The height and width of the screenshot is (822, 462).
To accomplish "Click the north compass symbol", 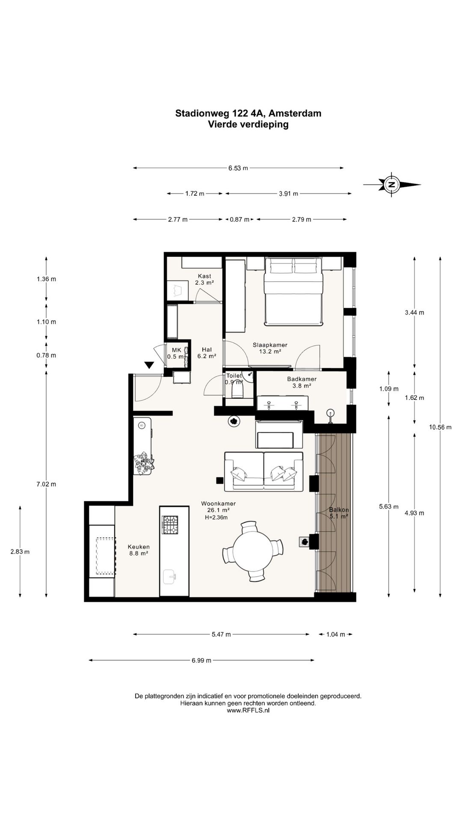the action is (x=391, y=185).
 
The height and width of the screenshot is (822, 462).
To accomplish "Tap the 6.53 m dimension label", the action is (x=238, y=168).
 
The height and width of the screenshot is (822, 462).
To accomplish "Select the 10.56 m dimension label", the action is (x=440, y=427).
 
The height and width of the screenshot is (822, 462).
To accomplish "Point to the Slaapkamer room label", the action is (x=270, y=345).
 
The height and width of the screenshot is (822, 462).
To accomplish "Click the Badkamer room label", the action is (x=302, y=379).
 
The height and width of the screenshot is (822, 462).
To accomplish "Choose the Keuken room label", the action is (x=139, y=547).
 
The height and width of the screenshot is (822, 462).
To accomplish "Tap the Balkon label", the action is (x=339, y=510).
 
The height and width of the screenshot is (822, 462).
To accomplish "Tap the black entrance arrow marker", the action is (x=149, y=365).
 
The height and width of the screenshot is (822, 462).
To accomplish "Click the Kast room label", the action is (x=204, y=276).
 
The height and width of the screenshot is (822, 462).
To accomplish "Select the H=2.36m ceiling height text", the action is (x=216, y=517).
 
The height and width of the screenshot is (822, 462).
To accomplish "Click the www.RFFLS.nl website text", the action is (x=248, y=710).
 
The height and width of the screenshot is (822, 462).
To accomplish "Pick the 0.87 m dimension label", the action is (x=240, y=220).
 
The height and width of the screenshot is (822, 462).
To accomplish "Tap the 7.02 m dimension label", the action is (x=46, y=484).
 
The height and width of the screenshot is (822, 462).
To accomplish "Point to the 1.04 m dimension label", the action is (x=335, y=634).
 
